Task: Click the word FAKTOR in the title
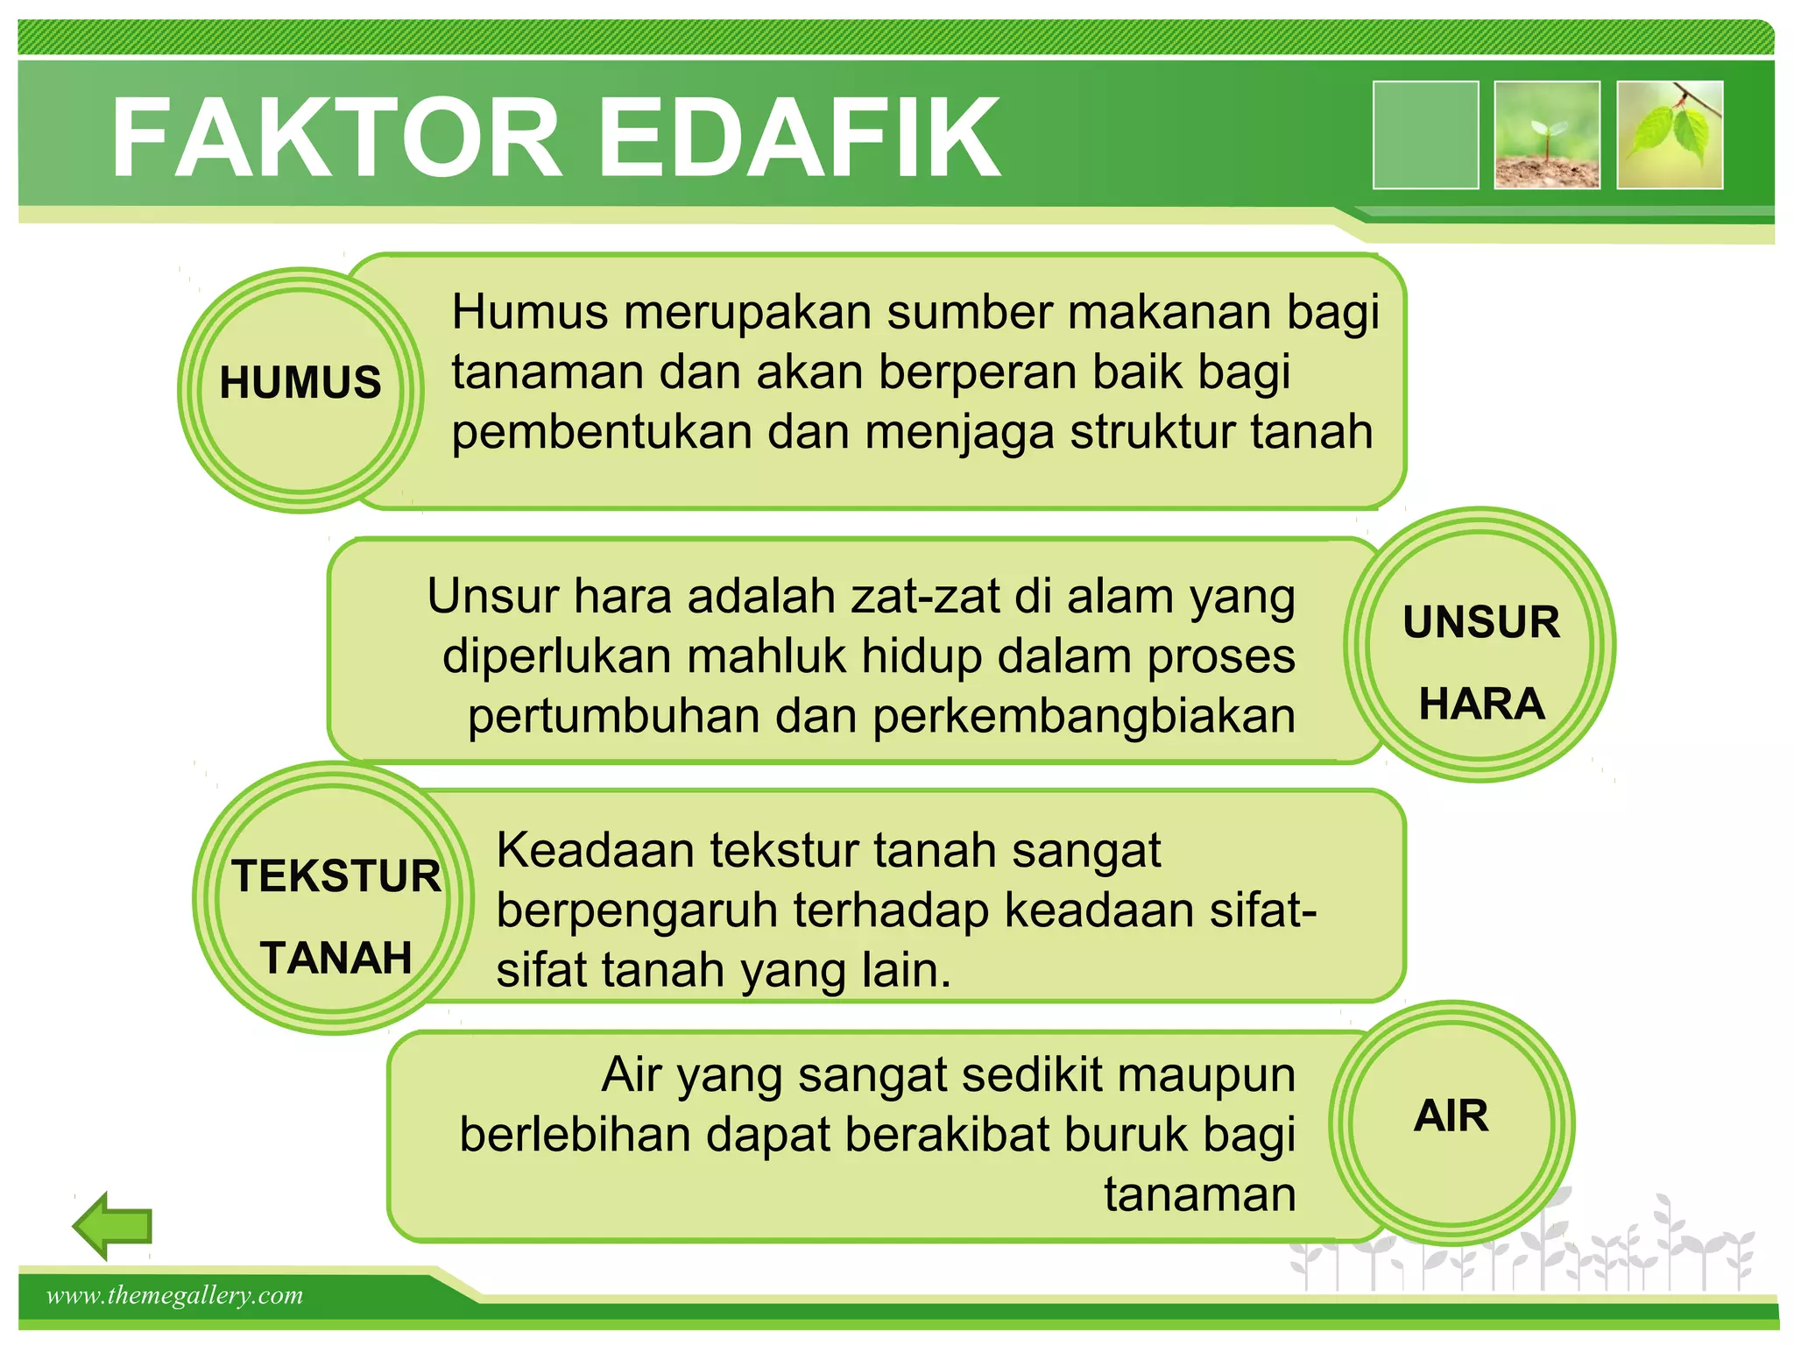point(336,138)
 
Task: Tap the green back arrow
point(113,1226)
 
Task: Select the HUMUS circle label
point(300,382)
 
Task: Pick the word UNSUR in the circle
point(1481,622)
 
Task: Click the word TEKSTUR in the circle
point(336,876)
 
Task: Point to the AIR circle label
point(1451,1116)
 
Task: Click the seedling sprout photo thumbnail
point(1547,135)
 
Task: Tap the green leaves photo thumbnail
point(1670,135)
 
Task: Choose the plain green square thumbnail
point(1425,135)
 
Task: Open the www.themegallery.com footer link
point(175,1295)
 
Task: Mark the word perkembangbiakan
point(1084,717)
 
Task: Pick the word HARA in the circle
point(1481,704)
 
